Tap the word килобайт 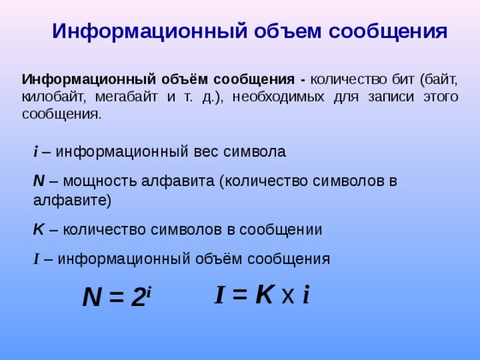(x=53, y=97)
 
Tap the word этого (x=439, y=97)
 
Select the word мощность (x=94, y=181)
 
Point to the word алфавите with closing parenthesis (x=72, y=200)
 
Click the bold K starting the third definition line (x=38, y=230)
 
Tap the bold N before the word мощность (x=39, y=181)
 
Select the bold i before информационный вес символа (x=35, y=151)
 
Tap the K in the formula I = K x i (x=264, y=295)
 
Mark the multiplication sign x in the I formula (x=287, y=297)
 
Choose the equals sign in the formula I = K (x=239, y=295)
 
